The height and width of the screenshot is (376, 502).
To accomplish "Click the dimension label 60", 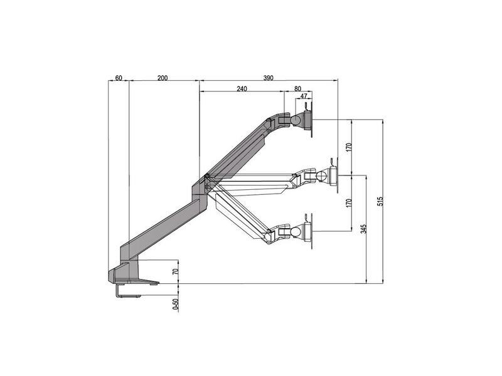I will pyautogui.click(x=118, y=78).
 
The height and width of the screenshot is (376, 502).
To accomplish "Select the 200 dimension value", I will pyautogui.click(x=163, y=78).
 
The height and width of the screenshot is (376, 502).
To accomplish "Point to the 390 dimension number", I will pyautogui.click(x=268, y=78).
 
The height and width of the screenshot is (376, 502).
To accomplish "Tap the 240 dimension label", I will pyautogui.click(x=242, y=89).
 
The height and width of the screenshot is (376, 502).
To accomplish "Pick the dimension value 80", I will pyautogui.click(x=297, y=89).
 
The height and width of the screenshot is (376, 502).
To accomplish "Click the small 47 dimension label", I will pyautogui.click(x=304, y=97).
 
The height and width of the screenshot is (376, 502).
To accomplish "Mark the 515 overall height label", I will pyautogui.click(x=380, y=201).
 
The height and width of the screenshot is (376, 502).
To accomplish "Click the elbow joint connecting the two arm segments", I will pyautogui.click(x=204, y=185).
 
